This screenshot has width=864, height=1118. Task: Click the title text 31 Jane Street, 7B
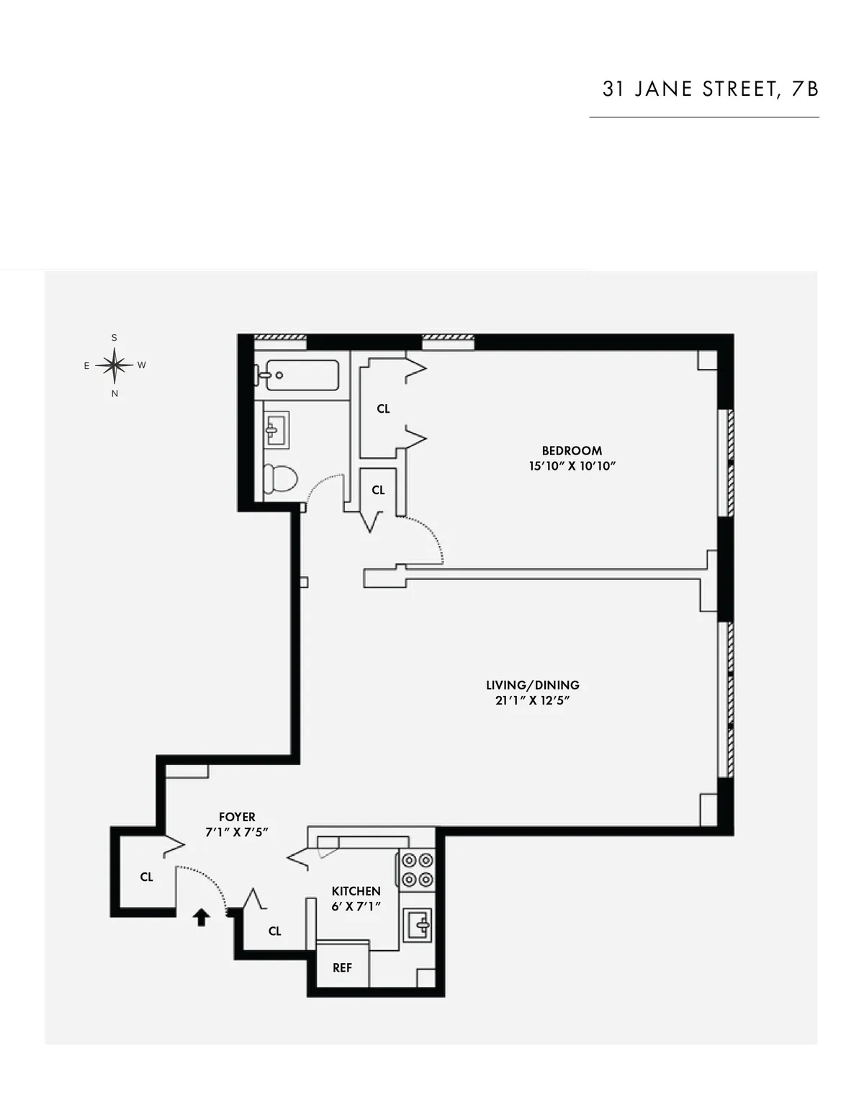710,89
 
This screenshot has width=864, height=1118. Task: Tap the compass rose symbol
114,365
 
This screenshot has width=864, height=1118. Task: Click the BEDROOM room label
572,451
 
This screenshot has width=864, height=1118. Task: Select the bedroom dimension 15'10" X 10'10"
572,466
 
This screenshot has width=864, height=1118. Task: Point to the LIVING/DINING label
532,685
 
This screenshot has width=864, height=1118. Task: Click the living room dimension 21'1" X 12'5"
532,700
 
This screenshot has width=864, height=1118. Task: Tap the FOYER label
237,817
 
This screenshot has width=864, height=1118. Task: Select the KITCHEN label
356,891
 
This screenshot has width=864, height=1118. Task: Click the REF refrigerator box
343,967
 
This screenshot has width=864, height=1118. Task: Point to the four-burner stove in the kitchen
417,869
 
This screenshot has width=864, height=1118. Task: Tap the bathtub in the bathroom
301,375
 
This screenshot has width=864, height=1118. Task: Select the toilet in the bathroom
282,478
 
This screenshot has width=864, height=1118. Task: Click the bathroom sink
276,430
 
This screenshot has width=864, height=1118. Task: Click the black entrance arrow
202,916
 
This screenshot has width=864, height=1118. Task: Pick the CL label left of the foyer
147,877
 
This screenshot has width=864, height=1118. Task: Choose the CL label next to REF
274,931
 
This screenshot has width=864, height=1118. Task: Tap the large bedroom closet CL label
383,408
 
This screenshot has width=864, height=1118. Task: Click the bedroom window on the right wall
726,462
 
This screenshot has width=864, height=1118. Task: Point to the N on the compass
114,394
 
